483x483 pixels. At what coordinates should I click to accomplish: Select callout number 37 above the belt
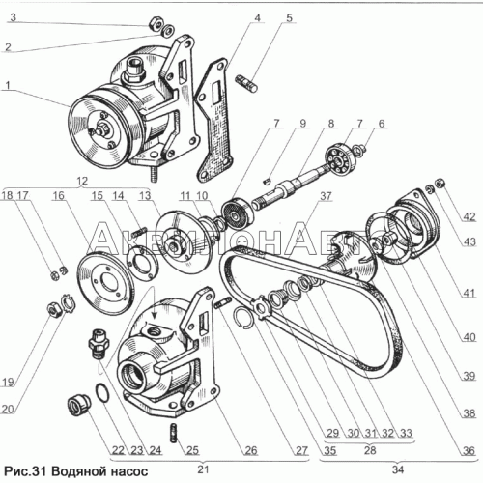(x=326, y=196)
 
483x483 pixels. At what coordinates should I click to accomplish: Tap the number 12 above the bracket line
(x=82, y=181)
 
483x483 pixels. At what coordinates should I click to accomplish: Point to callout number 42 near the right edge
(x=469, y=216)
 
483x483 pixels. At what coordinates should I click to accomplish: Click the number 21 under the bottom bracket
(x=203, y=469)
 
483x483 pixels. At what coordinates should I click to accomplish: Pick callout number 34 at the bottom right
(x=398, y=469)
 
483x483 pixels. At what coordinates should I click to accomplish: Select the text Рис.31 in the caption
(x=24, y=471)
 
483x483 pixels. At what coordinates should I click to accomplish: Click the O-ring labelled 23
(x=102, y=393)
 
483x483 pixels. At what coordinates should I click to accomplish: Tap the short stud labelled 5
(x=246, y=83)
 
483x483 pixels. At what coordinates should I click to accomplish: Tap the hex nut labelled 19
(x=52, y=310)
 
